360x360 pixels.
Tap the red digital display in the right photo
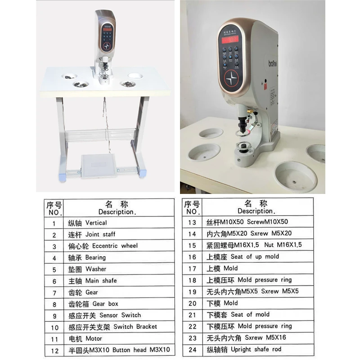pyautogui.click(x=229, y=40)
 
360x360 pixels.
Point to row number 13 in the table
pyautogui.click(x=192, y=222)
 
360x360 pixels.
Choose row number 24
pyautogui.click(x=192, y=349)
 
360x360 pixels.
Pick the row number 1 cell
pyautogui.click(x=54, y=223)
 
